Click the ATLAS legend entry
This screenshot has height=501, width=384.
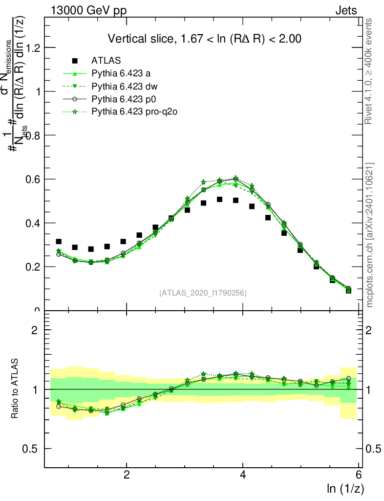point(106,61)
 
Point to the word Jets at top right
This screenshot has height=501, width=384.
point(346,11)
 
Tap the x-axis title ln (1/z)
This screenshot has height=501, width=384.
point(344,488)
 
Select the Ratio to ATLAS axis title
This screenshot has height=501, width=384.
point(16,388)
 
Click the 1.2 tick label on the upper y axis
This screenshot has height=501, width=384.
point(34,47)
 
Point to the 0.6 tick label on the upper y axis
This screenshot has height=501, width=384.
point(34,179)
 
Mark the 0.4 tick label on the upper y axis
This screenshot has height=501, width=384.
point(34,223)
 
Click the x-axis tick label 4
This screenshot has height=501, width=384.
point(243,475)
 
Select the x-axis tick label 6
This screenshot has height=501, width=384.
point(359,475)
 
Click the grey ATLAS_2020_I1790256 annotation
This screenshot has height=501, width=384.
point(202,293)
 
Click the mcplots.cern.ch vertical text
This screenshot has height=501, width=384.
point(369,235)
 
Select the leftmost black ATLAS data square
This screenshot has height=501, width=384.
point(59,242)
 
